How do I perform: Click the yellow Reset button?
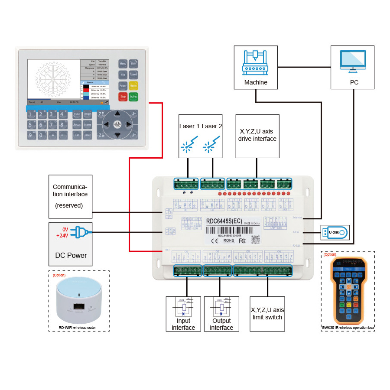pos(133,85)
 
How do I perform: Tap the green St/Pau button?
pos(133,97)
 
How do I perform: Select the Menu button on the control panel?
pos(123,64)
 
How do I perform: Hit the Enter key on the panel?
pos(88,135)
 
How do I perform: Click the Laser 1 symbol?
pos(187,146)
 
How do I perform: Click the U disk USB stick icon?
pos(335,233)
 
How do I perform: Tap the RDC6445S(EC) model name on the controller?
pos(224,221)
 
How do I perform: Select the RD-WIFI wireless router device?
pos(78,299)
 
